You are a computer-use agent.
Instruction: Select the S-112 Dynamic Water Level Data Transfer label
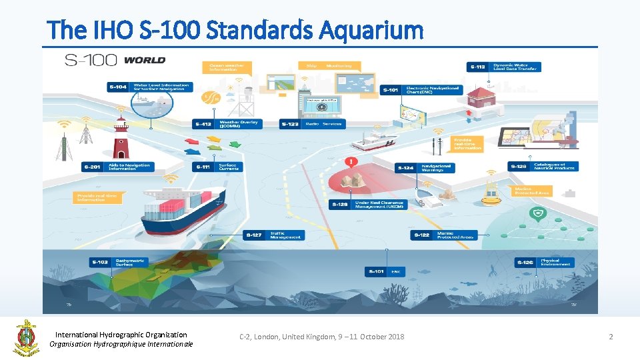click(504, 67)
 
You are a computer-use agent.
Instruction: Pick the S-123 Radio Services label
click(313, 124)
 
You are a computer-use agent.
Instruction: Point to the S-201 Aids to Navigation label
click(118, 167)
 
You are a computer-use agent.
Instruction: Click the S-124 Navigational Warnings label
click(425, 167)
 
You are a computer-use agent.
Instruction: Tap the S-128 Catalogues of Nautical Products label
click(543, 166)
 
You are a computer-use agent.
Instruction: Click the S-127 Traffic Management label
click(273, 235)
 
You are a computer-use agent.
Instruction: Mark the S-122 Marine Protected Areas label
click(443, 235)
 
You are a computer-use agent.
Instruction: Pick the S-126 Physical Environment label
click(543, 263)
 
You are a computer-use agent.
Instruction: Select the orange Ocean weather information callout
click(227, 67)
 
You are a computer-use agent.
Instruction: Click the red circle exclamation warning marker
click(351, 162)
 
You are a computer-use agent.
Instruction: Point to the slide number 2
click(610, 337)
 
